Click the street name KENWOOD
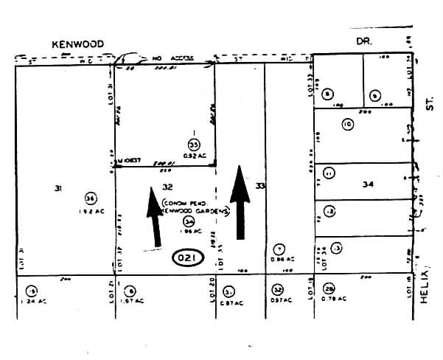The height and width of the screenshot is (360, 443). click(76, 44)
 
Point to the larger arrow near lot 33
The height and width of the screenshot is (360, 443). click(239, 202)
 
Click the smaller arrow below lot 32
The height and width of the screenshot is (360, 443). click(154, 217)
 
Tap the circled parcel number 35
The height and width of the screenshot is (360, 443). click(194, 145)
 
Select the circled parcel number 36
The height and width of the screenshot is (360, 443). click(91, 198)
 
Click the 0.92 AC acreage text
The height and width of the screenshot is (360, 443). click(194, 156)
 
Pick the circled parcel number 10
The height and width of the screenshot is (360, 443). click(347, 125)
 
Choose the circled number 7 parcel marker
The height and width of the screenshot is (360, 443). click(279, 249)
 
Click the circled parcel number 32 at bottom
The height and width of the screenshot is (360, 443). click(277, 289)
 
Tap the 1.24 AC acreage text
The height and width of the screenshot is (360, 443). click(32, 301)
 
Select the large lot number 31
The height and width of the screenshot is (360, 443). click(57, 189)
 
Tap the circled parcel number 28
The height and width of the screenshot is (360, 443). click(329, 288)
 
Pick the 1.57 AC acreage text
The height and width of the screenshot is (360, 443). click(133, 301)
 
